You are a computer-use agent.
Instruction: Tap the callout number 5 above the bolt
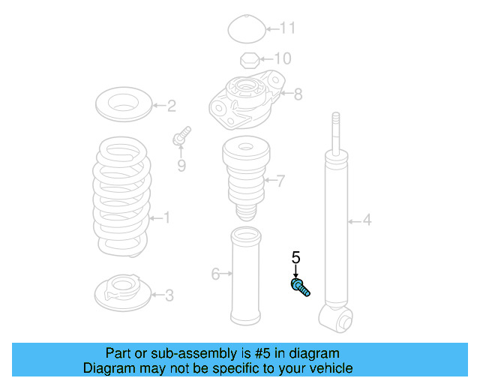295,258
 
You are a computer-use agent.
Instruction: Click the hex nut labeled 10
248,59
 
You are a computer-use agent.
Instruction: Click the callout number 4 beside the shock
367,220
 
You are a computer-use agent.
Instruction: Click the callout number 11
288,29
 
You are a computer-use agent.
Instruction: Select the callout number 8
298,94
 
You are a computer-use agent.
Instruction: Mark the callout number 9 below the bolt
181,166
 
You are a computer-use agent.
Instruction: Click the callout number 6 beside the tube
215,274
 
